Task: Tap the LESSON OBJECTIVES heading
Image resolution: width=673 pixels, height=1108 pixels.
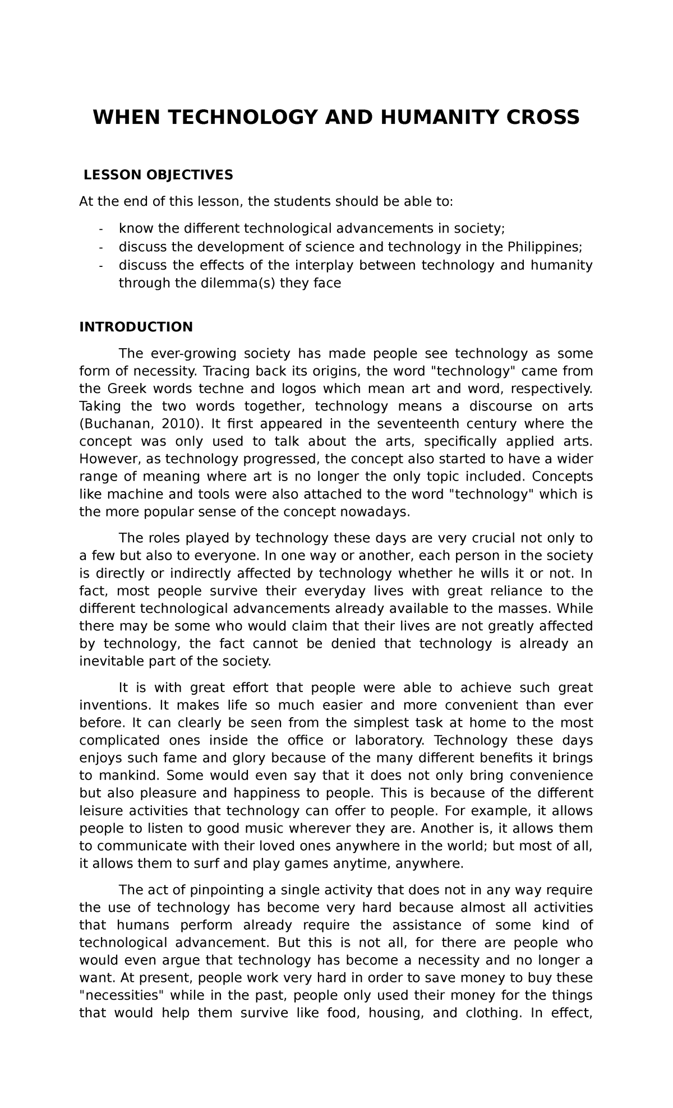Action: [158, 175]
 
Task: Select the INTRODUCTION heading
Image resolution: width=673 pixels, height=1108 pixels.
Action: [136, 326]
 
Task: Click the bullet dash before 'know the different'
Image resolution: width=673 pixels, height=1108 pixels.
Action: [101, 229]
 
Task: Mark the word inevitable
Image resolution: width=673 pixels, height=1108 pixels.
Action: [111, 661]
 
